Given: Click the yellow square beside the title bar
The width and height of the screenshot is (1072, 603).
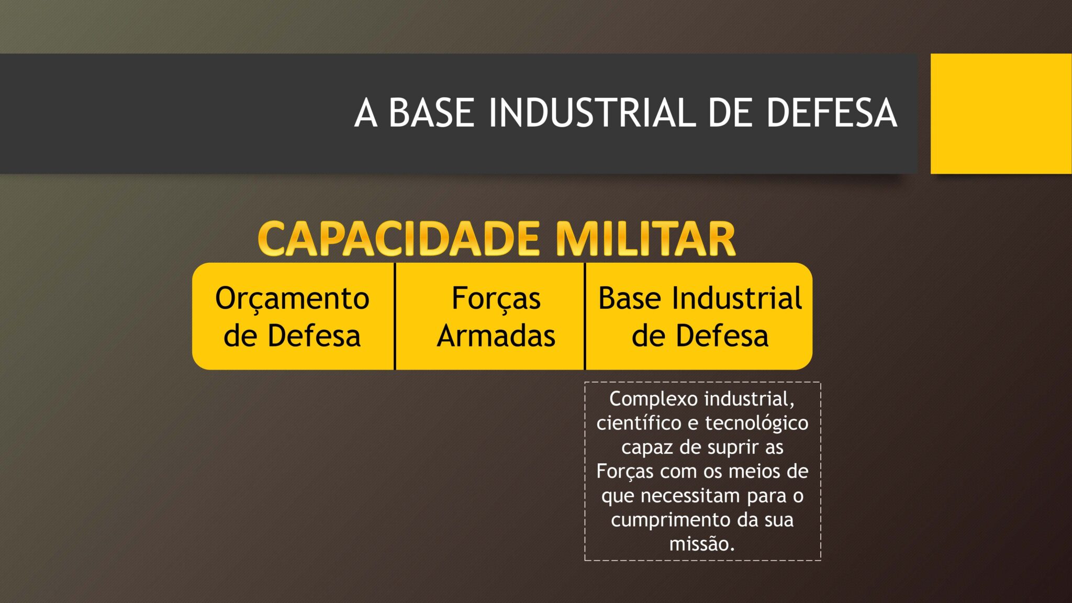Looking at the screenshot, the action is point(1001,114).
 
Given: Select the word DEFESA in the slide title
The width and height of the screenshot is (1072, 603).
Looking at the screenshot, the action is point(832,113).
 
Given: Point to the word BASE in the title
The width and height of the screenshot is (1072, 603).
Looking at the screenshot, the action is point(431,113).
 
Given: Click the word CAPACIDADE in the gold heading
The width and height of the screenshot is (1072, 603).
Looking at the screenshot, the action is point(399,239).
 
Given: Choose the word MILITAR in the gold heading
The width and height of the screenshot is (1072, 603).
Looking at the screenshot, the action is point(645,239).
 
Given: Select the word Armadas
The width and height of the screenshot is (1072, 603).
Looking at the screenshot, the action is point(496,336).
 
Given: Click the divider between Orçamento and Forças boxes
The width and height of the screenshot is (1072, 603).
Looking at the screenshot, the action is point(395,316).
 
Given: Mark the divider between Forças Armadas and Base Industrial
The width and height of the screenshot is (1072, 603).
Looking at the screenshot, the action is point(585,316).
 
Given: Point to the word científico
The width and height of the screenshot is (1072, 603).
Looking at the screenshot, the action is point(639,423).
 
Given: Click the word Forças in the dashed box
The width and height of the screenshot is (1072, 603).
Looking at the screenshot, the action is point(625,472).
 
